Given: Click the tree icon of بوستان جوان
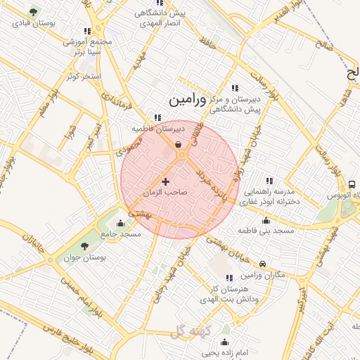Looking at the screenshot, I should coord(84,245).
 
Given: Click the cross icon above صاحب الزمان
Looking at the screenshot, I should coord(166,181).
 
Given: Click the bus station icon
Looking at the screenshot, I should coord(351,184).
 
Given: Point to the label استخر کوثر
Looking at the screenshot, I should coord(84,76).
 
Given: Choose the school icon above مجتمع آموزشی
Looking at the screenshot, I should coord(87,31).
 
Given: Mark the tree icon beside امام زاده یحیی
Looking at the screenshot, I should coord(225,326).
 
